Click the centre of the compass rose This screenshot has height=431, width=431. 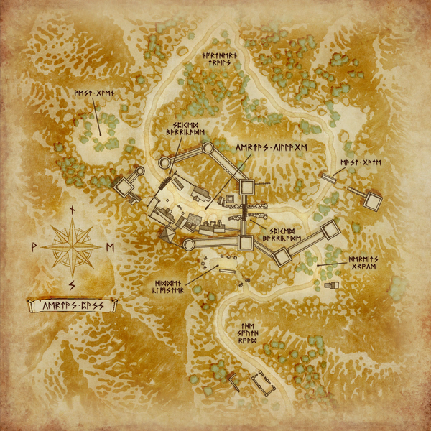[x=72, y=246]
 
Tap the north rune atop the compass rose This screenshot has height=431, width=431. [x=72, y=210]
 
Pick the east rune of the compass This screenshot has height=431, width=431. [x=109, y=246]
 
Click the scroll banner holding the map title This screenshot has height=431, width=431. [x=71, y=305]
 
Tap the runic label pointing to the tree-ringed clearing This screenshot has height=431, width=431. [x=93, y=94]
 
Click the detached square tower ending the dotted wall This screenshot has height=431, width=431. [x=372, y=202]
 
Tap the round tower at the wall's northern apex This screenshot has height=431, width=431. [x=208, y=149]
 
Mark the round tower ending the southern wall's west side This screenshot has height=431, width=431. [x=189, y=244]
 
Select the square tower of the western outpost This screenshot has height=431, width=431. [x=125, y=187]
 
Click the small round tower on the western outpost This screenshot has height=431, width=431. [x=140, y=172]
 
